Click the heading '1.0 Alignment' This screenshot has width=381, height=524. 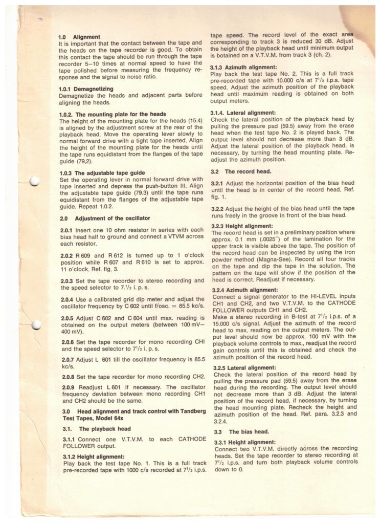[x=82, y=37]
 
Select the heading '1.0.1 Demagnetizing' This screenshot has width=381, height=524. [x=87, y=89]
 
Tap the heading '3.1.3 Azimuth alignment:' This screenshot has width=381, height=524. [x=243, y=67]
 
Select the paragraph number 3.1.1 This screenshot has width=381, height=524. [x=66, y=440]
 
